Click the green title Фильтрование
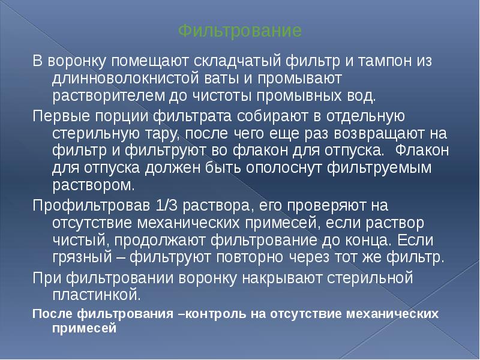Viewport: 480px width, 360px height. pyautogui.click(x=240, y=29)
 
